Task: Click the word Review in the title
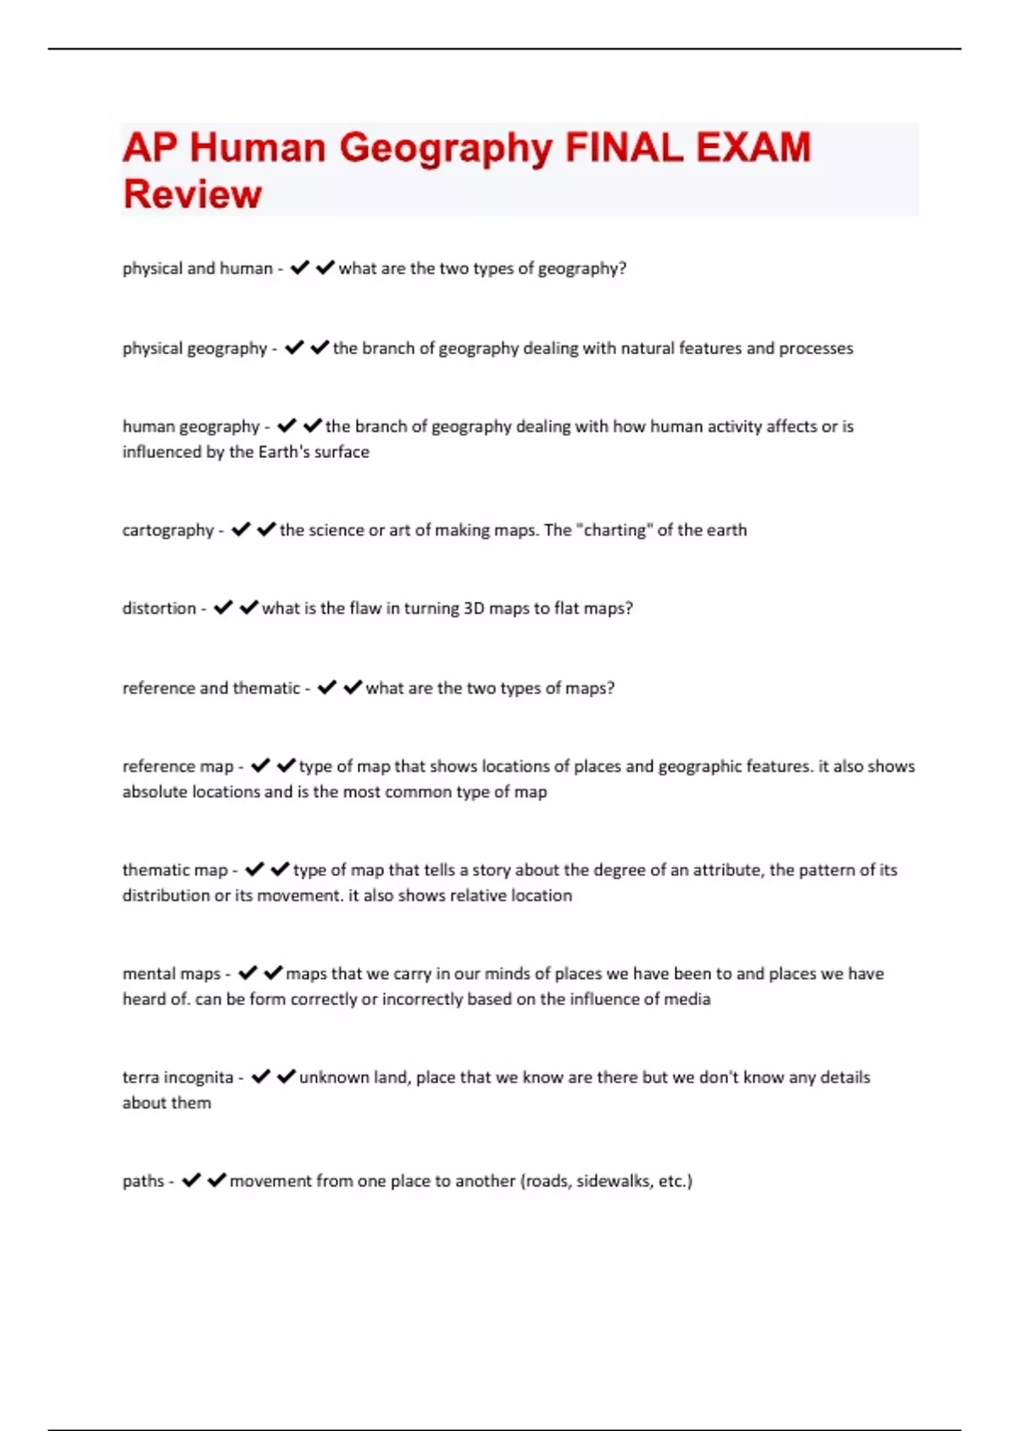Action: click(193, 194)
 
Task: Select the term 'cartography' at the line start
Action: click(168, 530)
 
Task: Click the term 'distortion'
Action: click(159, 609)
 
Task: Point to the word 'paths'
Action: click(143, 1181)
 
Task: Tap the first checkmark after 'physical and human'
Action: click(300, 269)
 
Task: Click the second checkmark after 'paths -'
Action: click(217, 1181)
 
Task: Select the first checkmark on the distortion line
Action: click(223, 609)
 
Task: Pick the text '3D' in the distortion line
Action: click(474, 609)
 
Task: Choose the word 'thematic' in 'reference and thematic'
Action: click(266, 689)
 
